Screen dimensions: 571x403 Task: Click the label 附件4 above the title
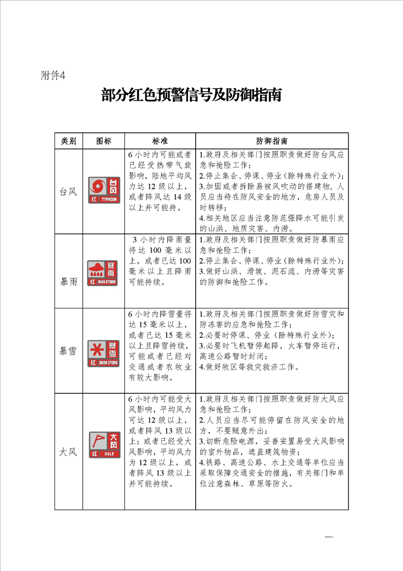click(x=53, y=76)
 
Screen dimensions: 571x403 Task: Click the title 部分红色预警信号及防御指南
click(x=191, y=95)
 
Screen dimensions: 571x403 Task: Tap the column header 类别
click(x=69, y=141)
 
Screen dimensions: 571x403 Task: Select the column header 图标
click(x=103, y=141)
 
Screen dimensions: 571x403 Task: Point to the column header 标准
click(x=160, y=141)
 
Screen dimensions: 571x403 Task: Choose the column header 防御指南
click(x=272, y=141)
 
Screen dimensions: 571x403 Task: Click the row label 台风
click(x=69, y=192)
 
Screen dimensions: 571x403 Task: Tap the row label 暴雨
click(x=69, y=281)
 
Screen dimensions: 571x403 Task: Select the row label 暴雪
click(x=69, y=351)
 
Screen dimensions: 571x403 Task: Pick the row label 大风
click(x=69, y=451)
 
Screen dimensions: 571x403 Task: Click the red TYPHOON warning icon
click(x=104, y=190)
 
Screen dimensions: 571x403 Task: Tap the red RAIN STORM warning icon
click(x=103, y=272)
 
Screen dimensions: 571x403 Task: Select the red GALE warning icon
click(x=103, y=444)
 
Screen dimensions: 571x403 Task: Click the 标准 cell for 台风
click(x=160, y=181)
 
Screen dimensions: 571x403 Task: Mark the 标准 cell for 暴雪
click(x=160, y=346)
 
